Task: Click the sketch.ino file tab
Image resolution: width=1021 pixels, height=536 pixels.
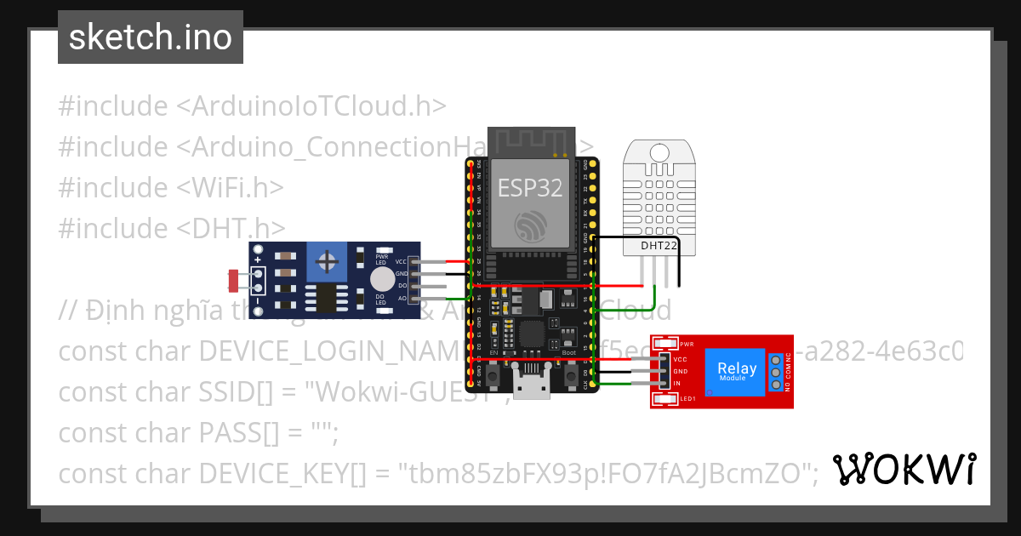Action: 151,37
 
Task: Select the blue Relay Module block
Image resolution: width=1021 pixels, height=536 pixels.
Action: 736,372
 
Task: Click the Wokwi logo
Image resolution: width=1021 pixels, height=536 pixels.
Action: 904,470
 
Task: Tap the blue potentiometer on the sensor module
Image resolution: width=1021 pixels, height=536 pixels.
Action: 326,262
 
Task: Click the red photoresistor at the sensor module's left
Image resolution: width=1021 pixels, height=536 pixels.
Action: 236,277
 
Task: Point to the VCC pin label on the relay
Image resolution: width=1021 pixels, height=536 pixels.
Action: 680,360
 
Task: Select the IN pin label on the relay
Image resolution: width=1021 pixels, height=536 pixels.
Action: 677,384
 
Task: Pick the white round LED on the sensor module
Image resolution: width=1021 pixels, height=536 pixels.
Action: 383,278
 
